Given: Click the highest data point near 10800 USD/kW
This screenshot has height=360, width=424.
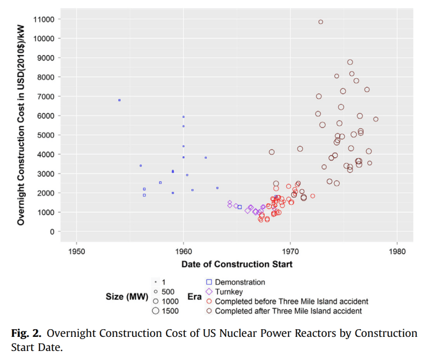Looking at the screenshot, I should tap(321, 22).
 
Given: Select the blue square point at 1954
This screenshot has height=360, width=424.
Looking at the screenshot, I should tap(119, 100).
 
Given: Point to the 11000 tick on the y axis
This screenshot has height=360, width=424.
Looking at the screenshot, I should tap(45, 19).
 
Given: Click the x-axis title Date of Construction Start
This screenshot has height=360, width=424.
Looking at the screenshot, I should tap(237, 264).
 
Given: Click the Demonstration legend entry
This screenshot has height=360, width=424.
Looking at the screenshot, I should tap(240, 282).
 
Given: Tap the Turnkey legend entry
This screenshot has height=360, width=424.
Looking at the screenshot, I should tap(228, 292).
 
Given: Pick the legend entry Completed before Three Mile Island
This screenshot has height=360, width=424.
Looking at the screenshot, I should tap(291, 302).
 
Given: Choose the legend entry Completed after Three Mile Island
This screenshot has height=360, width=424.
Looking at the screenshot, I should tap(288, 311).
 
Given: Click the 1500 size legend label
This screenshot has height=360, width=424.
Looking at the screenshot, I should tap(170, 311).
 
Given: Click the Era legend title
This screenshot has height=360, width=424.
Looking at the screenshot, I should tap(194, 297).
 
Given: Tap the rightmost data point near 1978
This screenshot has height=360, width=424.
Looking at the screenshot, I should tap(376, 119).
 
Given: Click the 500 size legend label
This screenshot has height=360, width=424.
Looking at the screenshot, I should tap(168, 292).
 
